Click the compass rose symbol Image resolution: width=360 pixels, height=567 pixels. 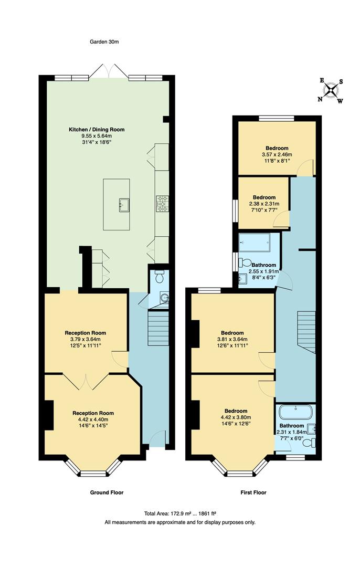(331, 90)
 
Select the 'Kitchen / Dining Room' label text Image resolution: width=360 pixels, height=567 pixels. (97, 129)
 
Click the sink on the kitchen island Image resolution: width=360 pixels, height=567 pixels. (125, 204)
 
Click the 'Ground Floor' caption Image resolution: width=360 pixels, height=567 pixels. (107, 492)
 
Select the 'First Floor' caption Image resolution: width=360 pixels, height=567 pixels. (252, 492)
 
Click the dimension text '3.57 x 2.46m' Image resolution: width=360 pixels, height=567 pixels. (276, 155)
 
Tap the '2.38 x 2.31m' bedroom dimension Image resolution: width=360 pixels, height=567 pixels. (264, 204)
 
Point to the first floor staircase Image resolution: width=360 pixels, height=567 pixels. (306, 332)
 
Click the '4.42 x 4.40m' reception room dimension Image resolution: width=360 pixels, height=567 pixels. (93, 419)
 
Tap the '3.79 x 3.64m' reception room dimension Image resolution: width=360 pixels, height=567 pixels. (86, 339)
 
